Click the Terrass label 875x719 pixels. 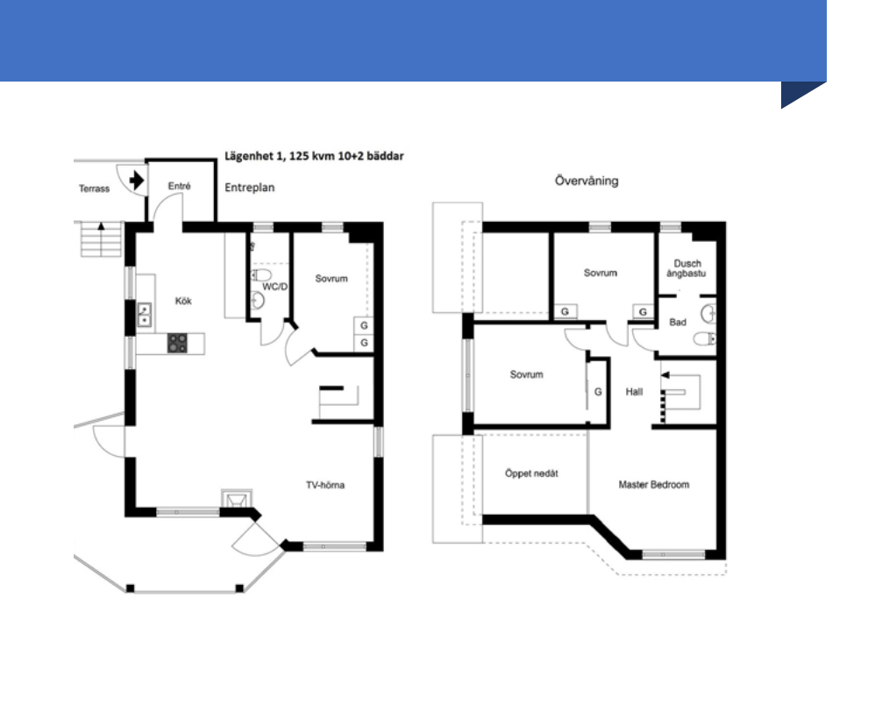95,189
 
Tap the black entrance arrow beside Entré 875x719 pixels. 136,181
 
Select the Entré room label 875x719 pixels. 179,186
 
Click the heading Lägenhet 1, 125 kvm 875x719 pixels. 280,156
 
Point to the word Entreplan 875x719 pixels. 250,188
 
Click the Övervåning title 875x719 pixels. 587,181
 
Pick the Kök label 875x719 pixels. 183,301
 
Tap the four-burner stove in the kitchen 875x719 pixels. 177,343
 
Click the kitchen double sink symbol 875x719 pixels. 144,314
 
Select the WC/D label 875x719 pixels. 275,287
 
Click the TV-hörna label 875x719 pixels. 324,485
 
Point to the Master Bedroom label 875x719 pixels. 653,485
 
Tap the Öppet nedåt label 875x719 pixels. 531,473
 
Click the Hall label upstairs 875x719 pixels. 634,392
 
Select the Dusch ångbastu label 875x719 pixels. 686,268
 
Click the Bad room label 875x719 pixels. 678,322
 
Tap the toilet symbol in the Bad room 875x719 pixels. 705,338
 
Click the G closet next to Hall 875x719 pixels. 598,392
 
